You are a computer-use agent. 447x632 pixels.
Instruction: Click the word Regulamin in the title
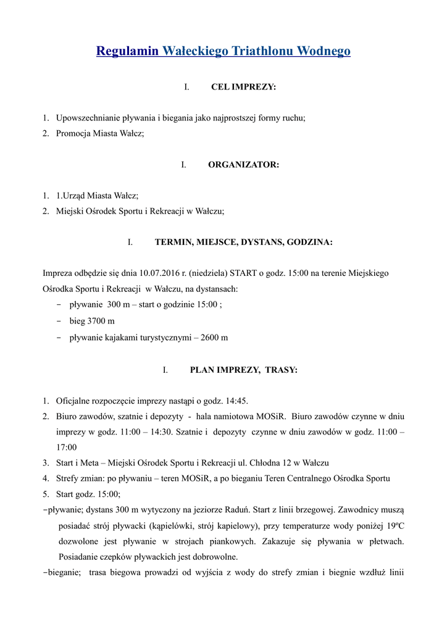pyautogui.click(x=128, y=51)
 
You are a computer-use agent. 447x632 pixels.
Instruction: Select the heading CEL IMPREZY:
pyautogui.click(x=243, y=87)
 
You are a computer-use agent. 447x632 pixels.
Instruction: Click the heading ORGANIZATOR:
pyautogui.click(x=243, y=165)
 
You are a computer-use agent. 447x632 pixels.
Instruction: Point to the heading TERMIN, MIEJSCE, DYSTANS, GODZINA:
pyautogui.click(x=243, y=243)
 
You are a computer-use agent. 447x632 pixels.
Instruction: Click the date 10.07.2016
pyautogui.click(x=160, y=273)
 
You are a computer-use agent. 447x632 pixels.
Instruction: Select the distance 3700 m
pyautogui.click(x=100, y=322)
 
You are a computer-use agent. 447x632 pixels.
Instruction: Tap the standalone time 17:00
pyautogui.click(x=67, y=447)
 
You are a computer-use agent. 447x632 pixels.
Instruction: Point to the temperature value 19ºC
pyautogui.click(x=395, y=526)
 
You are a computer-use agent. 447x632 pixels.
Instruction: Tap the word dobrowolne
pyautogui.click(x=216, y=557)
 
